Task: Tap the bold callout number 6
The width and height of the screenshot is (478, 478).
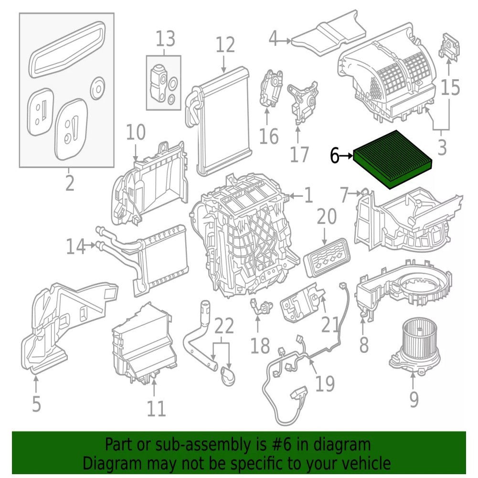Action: [x=334, y=156]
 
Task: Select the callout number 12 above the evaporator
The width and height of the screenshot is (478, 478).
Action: [x=225, y=44]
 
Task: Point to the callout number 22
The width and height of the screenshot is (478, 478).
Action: [x=224, y=326]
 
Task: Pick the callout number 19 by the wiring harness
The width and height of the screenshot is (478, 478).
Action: [x=325, y=383]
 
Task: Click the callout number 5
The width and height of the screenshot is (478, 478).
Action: [x=36, y=404]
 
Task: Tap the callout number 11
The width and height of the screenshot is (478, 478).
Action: [x=156, y=408]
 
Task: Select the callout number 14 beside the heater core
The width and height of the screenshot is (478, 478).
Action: [x=76, y=246]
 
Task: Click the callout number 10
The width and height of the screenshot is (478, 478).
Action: [x=136, y=132]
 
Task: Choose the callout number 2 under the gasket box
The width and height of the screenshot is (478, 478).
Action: [x=70, y=183]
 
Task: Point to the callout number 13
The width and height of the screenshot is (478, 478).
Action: [x=166, y=39]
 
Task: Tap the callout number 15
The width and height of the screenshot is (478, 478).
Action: [x=450, y=87]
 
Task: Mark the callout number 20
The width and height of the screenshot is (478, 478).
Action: [x=327, y=216]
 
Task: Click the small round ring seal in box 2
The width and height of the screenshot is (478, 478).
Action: [x=98, y=88]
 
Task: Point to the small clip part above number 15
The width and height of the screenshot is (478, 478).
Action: [x=449, y=46]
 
